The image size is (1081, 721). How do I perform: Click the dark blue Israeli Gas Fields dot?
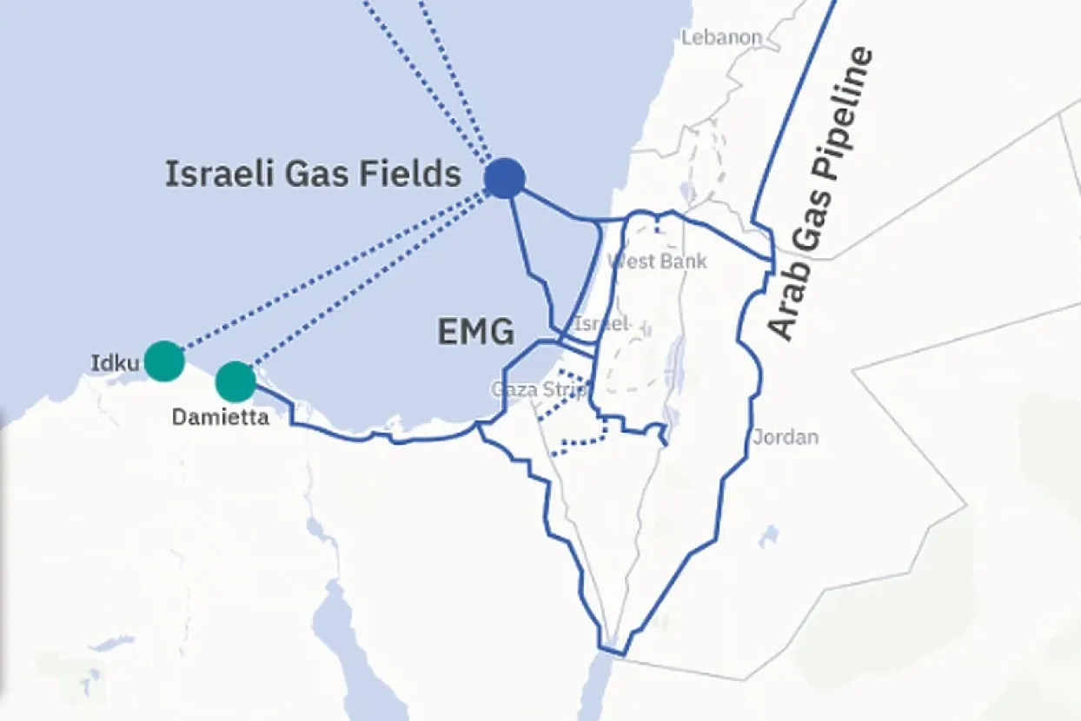pyautogui.click(x=504, y=178)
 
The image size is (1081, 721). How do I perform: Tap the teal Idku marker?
pyautogui.click(x=163, y=360)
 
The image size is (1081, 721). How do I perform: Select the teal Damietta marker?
pyautogui.click(x=235, y=380)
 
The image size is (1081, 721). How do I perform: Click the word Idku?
pyautogui.click(x=115, y=362)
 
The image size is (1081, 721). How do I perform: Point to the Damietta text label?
pyautogui.click(x=220, y=418)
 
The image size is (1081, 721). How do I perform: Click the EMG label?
pyautogui.click(x=475, y=332)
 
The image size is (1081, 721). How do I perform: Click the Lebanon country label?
pyautogui.click(x=721, y=38)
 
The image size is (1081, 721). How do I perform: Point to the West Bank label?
pyautogui.click(x=658, y=261)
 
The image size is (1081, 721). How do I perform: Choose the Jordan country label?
pyautogui.click(x=786, y=436)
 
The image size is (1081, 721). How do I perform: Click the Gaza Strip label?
pyautogui.click(x=539, y=388)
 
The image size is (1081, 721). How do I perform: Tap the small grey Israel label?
pyautogui.click(x=600, y=324)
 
